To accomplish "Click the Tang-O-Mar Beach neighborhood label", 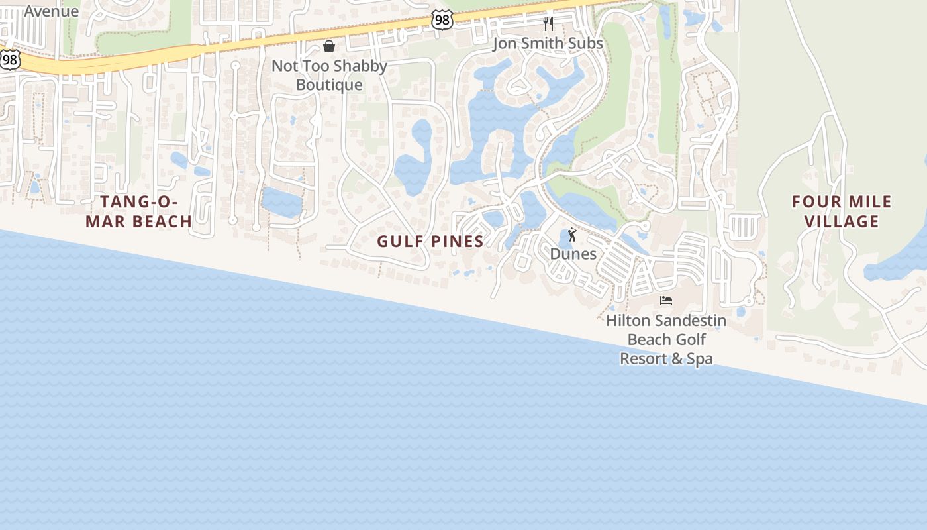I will [x=139, y=211].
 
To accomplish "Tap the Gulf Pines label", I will [x=430, y=242].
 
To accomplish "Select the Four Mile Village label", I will [x=842, y=211].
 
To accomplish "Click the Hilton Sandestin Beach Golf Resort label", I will [x=666, y=340].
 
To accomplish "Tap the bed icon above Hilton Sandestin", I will [x=666, y=301].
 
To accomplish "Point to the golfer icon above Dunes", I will [x=573, y=235].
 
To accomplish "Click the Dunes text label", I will [x=573, y=254].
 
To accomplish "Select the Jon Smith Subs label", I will [x=548, y=44].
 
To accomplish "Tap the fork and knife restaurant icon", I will [x=548, y=24].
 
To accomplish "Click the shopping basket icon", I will [x=329, y=46].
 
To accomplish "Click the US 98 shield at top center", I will [x=442, y=20].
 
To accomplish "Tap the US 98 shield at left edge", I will [x=9, y=60].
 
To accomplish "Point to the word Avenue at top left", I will [x=52, y=11].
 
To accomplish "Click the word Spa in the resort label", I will [x=699, y=359].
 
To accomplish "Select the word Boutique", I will [x=329, y=85].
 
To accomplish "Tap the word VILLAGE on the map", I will [x=842, y=221].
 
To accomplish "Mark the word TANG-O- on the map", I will [x=139, y=201].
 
